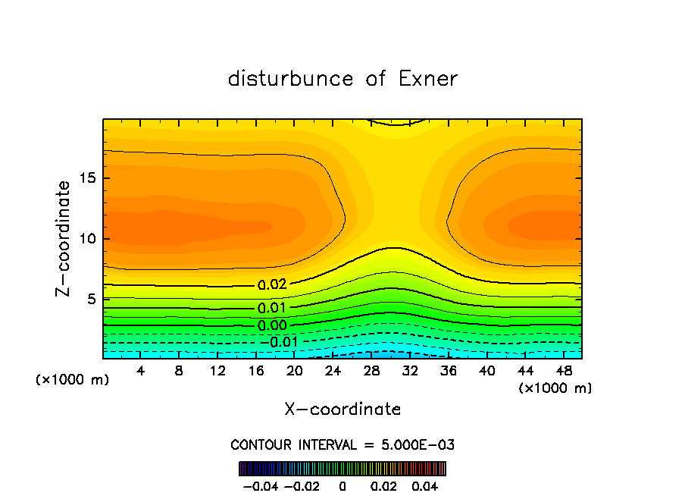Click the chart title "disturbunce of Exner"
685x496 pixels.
pos(342,79)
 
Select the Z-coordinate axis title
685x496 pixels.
pos(64,238)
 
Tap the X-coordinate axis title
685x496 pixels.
pos(342,410)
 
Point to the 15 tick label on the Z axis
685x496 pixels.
pos(85,178)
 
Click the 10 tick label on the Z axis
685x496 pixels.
pos(85,239)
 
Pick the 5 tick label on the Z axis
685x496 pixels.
pos(89,300)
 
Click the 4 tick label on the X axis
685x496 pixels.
pos(140,372)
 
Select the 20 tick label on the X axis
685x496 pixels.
pos(295,372)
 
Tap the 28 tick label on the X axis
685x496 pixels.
pos(371,372)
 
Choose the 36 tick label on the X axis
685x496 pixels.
pos(449,372)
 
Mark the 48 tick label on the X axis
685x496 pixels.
pos(564,372)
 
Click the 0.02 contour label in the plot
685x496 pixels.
pos(272,286)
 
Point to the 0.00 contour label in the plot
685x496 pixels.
pos(272,326)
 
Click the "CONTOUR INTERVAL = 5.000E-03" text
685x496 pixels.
pos(342,444)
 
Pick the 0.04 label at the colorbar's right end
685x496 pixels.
pos(425,485)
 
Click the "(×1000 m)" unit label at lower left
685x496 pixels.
pos(73,380)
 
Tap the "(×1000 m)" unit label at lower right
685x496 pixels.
pos(555,388)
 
